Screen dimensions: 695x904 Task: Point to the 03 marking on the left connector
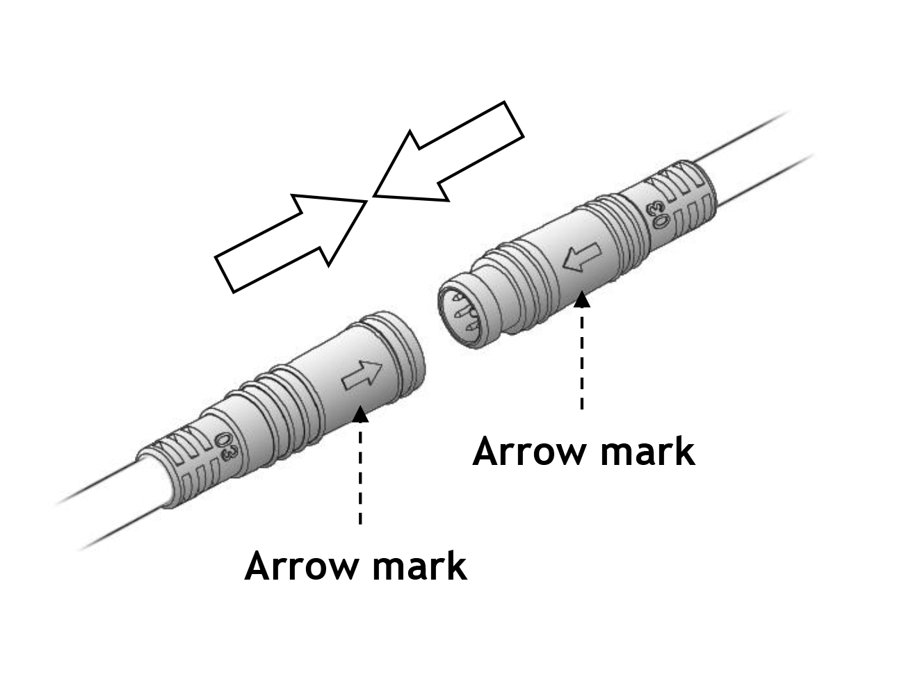(x=224, y=445)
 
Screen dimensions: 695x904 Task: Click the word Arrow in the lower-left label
(x=298, y=566)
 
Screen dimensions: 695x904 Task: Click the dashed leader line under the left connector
(x=360, y=473)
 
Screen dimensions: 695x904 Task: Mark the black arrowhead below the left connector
(x=360, y=414)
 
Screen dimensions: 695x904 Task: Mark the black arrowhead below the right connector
(x=582, y=300)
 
